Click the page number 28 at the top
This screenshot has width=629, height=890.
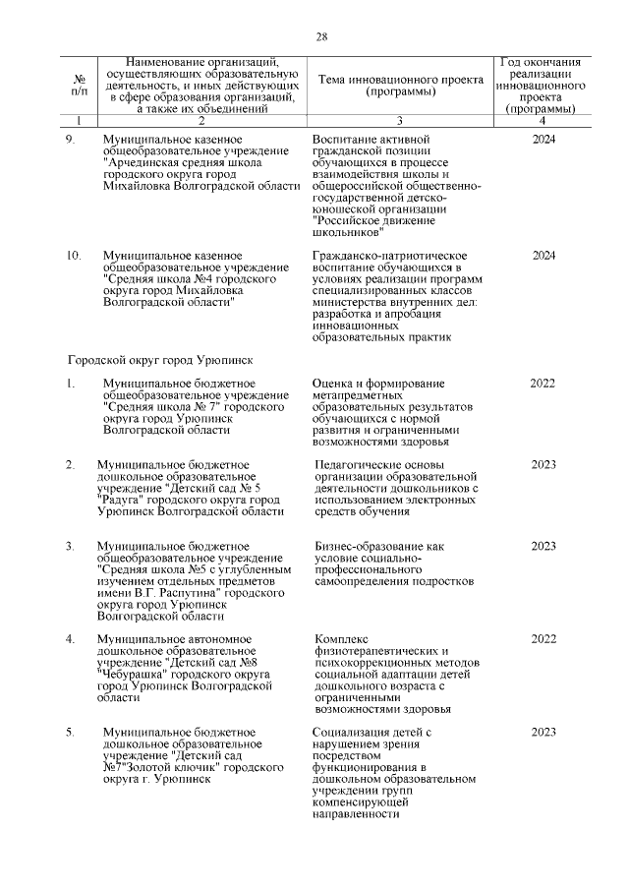tap(320, 37)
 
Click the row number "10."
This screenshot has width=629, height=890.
tap(74, 256)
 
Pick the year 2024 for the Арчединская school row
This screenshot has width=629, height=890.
tap(543, 141)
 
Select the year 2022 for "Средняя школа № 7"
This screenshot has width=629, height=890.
tap(543, 384)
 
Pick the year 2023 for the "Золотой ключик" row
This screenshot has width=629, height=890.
tap(543, 733)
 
